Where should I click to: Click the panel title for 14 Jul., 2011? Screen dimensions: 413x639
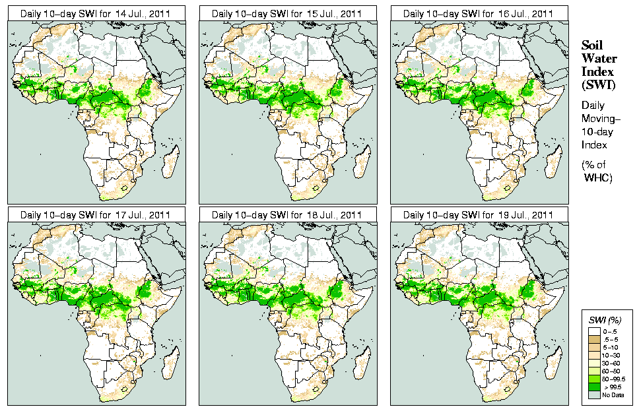pyautogui.click(x=95, y=13)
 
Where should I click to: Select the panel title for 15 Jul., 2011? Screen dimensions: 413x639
pyautogui.click(x=286, y=13)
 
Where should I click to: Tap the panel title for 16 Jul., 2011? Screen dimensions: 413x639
pyautogui.click(x=478, y=13)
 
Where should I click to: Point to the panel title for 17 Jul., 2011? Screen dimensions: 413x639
pyautogui.click(x=95, y=215)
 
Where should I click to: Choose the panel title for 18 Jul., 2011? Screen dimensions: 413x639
pyautogui.click(x=286, y=215)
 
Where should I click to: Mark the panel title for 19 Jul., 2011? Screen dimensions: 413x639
pyautogui.click(x=478, y=215)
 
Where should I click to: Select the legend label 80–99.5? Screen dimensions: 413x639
pyautogui.click(x=613, y=379)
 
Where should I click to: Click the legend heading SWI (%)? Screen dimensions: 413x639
pyautogui.click(x=605, y=320)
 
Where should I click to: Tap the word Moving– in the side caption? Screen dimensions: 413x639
pyautogui.click(x=601, y=118)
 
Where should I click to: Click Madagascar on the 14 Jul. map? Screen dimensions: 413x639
pyautogui.click(x=170, y=160)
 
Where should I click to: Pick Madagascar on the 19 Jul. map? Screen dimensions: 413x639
pyautogui.click(x=553, y=362)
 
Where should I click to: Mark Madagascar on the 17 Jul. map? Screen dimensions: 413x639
pyautogui.click(x=170, y=362)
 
